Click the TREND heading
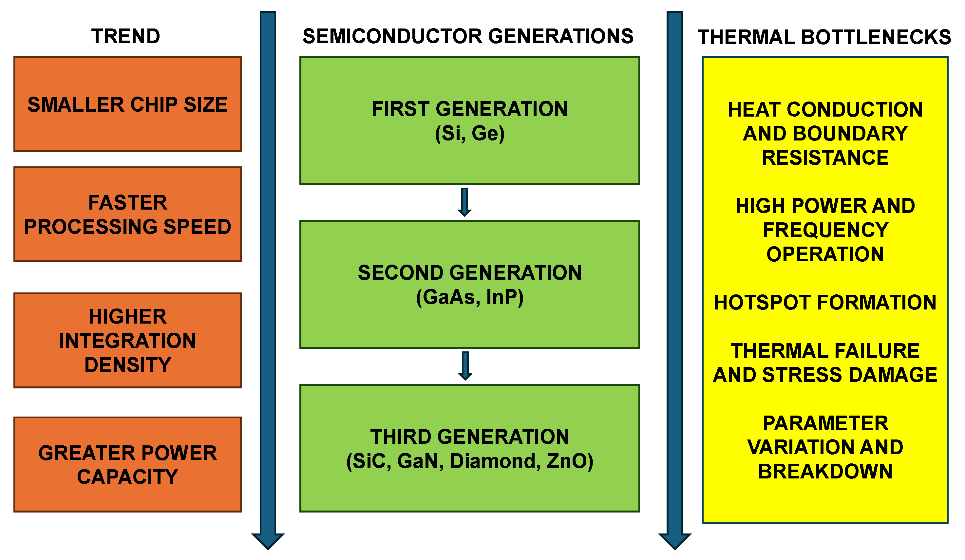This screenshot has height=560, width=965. (125, 37)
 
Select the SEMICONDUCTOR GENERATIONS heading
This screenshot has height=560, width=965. (468, 37)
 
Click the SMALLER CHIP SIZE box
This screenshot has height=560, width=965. (127, 104)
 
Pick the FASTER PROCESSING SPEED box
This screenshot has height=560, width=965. (127, 215)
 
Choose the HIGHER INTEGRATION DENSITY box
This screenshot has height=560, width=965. (127, 340)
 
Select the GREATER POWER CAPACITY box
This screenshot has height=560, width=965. (127, 464)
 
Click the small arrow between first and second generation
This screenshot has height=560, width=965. (464, 202)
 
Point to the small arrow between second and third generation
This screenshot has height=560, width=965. (465, 366)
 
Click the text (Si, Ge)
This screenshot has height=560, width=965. (469, 134)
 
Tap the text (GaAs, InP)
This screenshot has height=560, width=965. (469, 297)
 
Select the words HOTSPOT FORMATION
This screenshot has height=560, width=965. (825, 302)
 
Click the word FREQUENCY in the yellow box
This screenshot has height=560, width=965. (825, 230)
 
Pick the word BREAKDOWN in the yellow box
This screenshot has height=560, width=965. (825, 471)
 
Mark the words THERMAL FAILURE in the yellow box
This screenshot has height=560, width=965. (825, 351)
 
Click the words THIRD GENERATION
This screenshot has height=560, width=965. (469, 437)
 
